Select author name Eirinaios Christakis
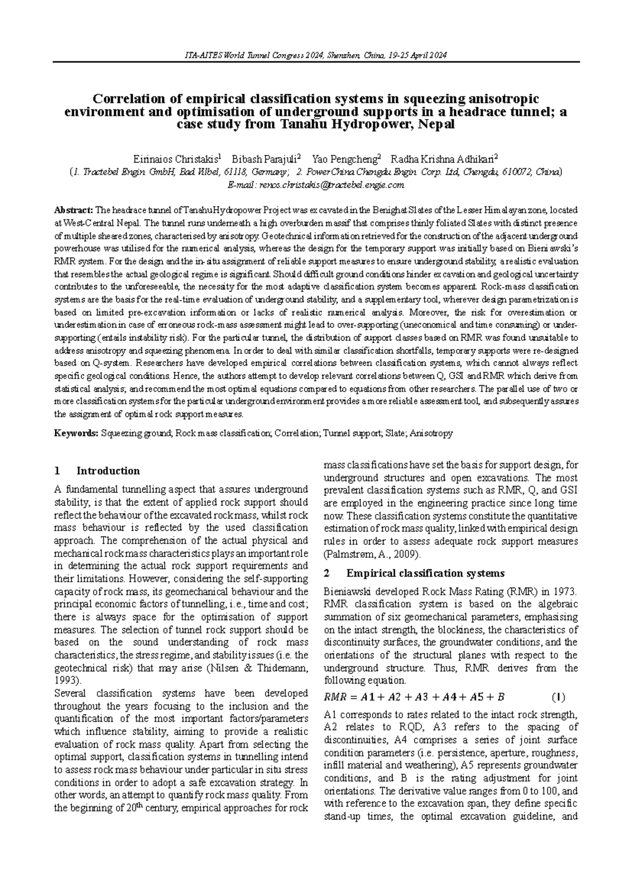click(177, 159)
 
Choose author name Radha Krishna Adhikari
click(443, 159)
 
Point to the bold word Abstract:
click(73, 210)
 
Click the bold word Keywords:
click(76, 433)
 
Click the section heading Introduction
click(108, 471)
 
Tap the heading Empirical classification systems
click(426, 573)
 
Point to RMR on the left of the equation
click(333, 698)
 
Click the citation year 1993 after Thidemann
click(65, 680)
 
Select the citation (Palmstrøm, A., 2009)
click(372, 554)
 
